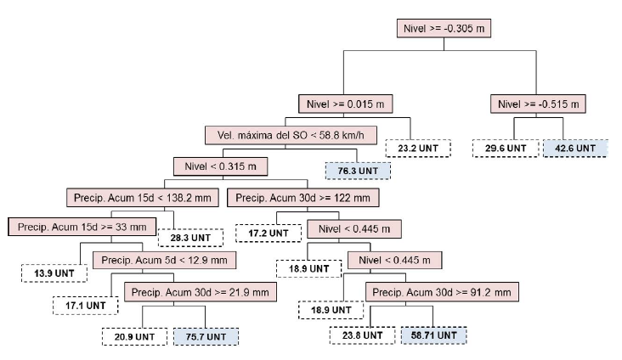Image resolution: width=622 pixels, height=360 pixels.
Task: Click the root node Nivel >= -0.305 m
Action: pos(444,27)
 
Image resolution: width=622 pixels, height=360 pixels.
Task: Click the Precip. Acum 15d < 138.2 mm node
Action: pos(142,198)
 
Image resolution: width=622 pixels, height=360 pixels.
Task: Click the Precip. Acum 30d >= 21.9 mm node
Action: pos(201,292)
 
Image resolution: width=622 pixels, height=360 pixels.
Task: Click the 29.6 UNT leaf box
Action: pos(500,148)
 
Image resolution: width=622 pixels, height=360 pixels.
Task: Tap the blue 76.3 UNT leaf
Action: pos(358,170)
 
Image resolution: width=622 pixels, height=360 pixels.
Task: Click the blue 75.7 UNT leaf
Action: pos(206,336)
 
